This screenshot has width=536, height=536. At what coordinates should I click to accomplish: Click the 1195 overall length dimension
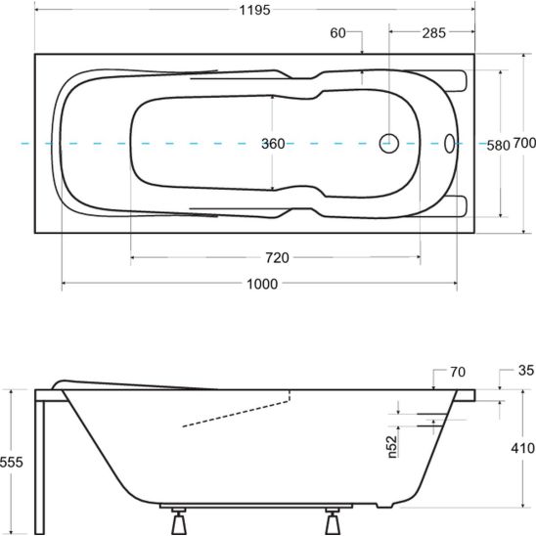click(x=254, y=10)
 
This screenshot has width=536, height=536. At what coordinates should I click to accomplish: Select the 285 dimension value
click(x=434, y=33)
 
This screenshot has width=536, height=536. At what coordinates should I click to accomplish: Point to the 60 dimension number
click(x=337, y=33)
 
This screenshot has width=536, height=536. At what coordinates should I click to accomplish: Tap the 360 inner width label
click(x=273, y=144)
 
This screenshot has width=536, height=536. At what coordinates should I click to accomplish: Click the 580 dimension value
click(x=498, y=146)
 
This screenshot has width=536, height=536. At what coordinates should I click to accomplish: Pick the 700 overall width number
click(x=524, y=143)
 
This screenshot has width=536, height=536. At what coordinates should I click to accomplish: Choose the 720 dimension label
click(x=277, y=257)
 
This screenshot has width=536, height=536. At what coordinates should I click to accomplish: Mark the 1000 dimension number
click(x=262, y=284)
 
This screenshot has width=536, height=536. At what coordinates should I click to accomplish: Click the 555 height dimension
click(x=12, y=462)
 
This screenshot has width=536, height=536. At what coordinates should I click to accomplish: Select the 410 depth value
click(x=522, y=448)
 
